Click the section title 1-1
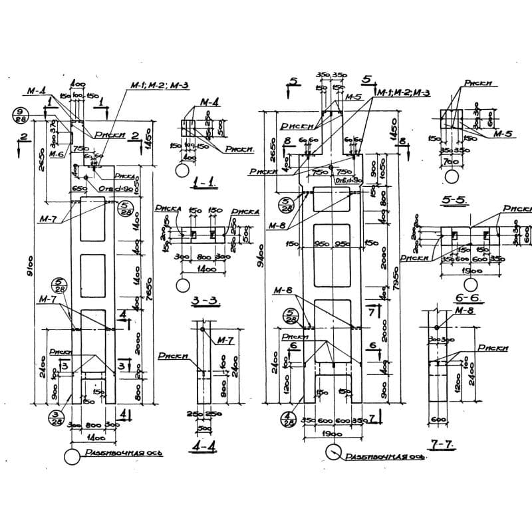(x=202, y=182)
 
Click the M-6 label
(x=56, y=154)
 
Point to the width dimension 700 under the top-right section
(x=452, y=162)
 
